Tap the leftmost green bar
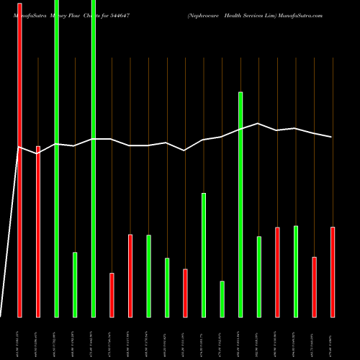tap(56, 158)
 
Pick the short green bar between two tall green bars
tap(75, 284)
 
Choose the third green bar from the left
tap(93, 158)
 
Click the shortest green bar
tap(222, 299)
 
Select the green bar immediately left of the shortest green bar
tap(204, 255)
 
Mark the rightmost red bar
tap(332, 271)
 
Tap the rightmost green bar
tap(295, 271)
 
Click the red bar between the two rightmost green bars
tap(277, 271)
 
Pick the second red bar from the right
tap(314, 287)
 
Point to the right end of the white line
tap(332, 137)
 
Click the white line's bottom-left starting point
tap(1, 315)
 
